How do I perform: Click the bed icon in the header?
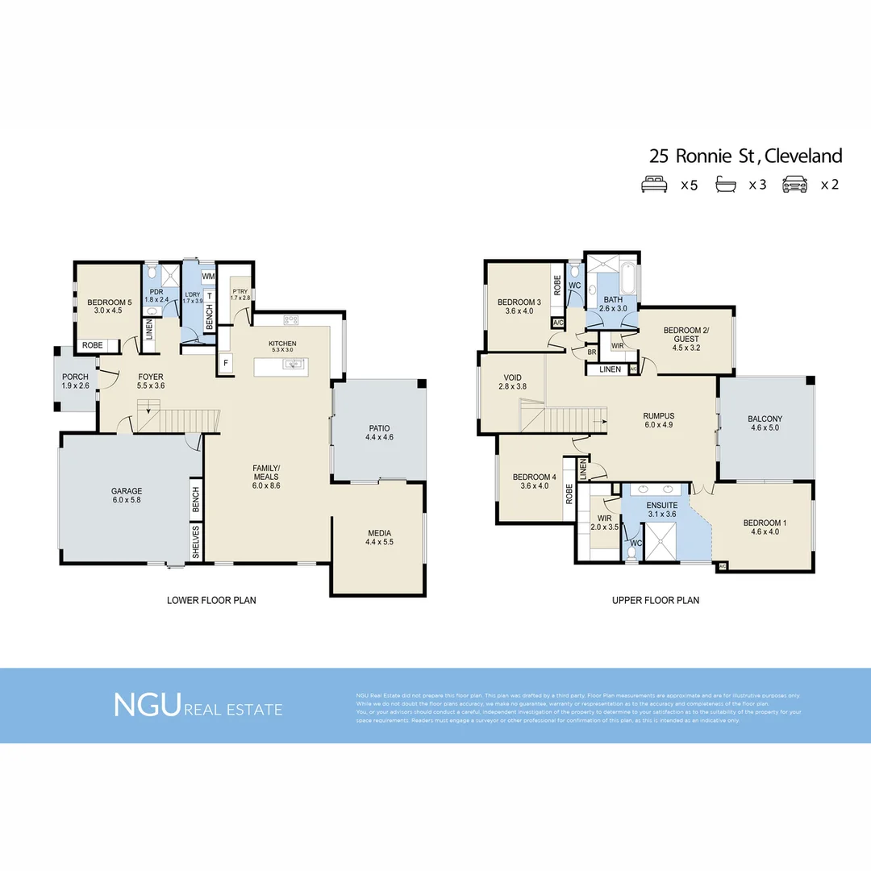[x=654, y=185]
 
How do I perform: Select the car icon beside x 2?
[x=794, y=185]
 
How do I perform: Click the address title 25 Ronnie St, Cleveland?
[x=745, y=156]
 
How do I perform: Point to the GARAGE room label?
[x=127, y=490]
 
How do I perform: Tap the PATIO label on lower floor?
[x=379, y=427]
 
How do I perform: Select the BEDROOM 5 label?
[x=109, y=303]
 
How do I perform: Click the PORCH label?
[x=75, y=377]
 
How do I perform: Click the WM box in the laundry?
[x=208, y=277]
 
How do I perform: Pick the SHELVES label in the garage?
[x=196, y=542]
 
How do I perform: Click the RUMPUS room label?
[x=658, y=415]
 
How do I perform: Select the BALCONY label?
[x=765, y=419]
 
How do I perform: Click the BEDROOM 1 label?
[x=765, y=523]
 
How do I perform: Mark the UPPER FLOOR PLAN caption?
[x=655, y=600]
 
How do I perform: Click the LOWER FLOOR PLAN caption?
[x=211, y=600]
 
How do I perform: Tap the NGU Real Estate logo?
[x=198, y=705]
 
